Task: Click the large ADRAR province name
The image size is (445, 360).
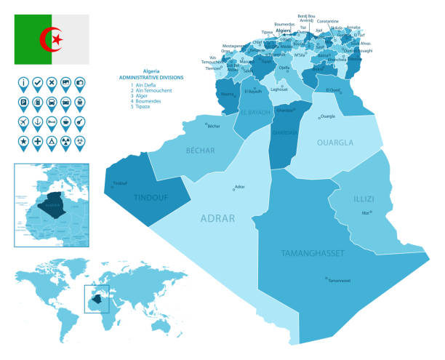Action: pyautogui.click(x=218, y=217)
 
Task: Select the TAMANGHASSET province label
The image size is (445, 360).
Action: pyautogui.click(x=313, y=253)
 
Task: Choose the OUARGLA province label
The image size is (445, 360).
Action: pyautogui.click(x=335, y=143)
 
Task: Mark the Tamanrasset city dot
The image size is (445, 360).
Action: pyautogui.click(x=326, y=277)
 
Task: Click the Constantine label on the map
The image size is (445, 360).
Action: pyautogui.click(x=328, y=21)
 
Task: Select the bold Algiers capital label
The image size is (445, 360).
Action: pyautogui.click(x=284, y=30)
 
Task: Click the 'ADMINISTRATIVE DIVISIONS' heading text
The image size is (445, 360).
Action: pyautogui.click(x=152, y=77)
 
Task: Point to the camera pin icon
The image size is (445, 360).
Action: pyautogui.click(x=79, y=82)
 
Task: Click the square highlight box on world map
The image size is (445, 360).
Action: pyautogui.click(x=97, y=299)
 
